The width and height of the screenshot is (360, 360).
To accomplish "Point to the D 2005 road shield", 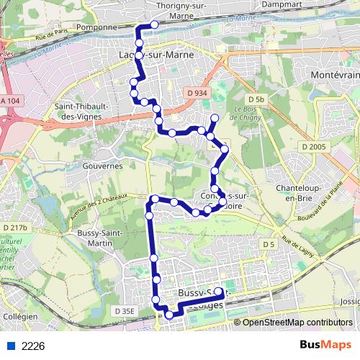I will [314, 147].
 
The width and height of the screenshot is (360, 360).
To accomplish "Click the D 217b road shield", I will [14, 227].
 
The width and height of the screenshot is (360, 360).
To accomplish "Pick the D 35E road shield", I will [125, 310].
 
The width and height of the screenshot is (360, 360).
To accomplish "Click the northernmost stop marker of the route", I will [154, 24].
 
